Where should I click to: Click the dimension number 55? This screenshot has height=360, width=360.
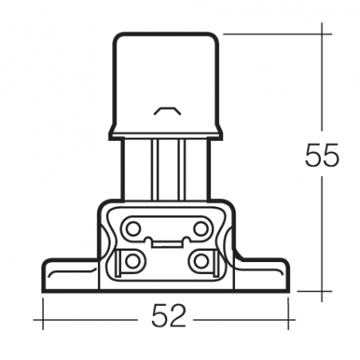pyautogui.click(x=322, y=155)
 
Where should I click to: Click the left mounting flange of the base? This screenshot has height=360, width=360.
pyautogui.click(x=68, y=275)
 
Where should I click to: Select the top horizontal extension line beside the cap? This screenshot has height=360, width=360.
pyautogui.click(x=271, y=34)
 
